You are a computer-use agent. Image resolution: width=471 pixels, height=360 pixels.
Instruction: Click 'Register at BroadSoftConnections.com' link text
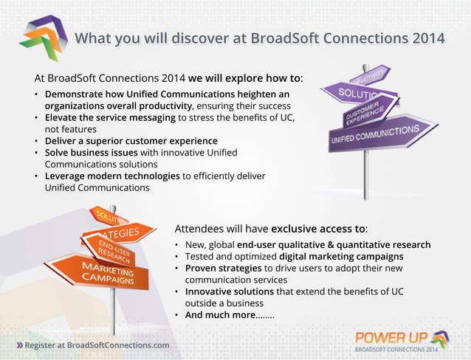pyautogui.click(x=97, y=345)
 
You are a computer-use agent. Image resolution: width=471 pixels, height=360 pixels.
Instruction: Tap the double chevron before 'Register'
pyautogui.click(x=19, y=345)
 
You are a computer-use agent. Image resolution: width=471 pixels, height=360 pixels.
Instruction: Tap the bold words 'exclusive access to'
pyautogui.click(x=318, y=228)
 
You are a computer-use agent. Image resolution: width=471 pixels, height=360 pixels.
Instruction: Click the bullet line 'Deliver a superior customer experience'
pyautogui.click(x=131, y=140)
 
